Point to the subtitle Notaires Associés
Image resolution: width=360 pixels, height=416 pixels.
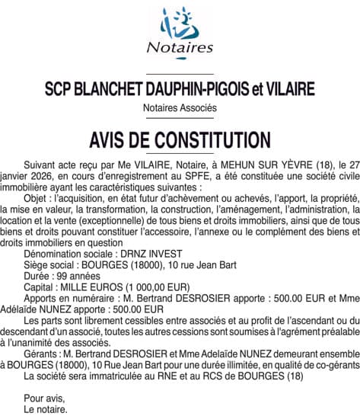(x=180, y=108)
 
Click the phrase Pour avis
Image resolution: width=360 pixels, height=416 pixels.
(x=45, y=398)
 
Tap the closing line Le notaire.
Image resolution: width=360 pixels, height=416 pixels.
(x=46, y=409)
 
